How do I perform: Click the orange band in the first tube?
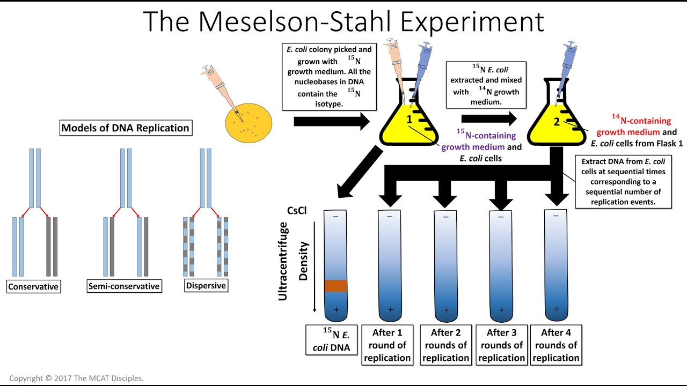tap(336, 286)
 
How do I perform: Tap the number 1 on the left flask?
tap(409, 120)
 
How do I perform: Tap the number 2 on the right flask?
tap(557, 122)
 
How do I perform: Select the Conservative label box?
tap(33, 287)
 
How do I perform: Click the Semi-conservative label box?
tap(124, 286)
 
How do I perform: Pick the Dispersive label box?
tap(206, 286)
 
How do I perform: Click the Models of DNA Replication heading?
tap(125, 128)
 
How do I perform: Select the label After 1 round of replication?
tap(387, 345)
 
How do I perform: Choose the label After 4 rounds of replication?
tap(556, 345)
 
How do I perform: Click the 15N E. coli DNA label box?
tap(332, 340)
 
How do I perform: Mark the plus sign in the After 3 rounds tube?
tap(502, 310)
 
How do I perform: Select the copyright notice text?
tap(76, 378)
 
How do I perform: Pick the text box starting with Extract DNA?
tap(624, 182)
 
